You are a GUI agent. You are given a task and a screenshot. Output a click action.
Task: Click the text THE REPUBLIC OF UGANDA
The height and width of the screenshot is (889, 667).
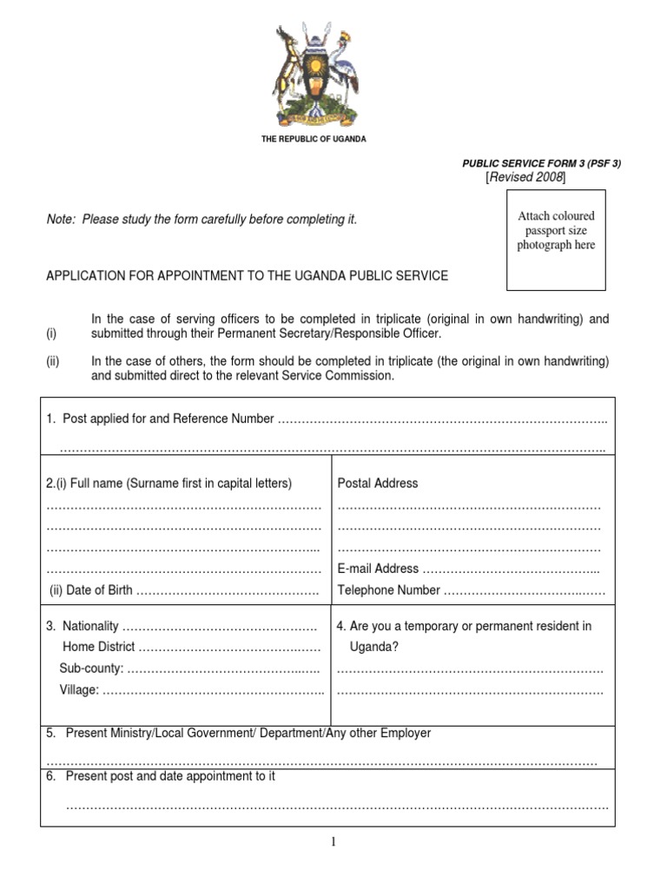(x=314, y=140)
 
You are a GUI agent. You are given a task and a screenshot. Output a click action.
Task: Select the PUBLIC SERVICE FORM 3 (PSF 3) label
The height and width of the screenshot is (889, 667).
(x=542, y=163)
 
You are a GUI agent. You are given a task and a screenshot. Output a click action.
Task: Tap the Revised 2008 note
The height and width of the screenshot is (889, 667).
(x=525, y=177)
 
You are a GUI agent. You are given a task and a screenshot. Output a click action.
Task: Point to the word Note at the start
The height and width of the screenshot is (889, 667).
(x=60, y=221)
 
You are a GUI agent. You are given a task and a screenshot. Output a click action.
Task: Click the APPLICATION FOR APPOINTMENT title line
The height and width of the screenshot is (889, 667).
(x=247, y=276)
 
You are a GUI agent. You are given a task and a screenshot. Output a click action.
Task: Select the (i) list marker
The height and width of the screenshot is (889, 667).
(x=51, y=334)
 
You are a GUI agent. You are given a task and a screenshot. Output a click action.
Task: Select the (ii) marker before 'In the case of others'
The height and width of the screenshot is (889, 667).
(x=52, y=361)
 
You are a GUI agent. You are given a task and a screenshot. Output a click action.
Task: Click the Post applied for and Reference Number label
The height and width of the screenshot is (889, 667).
(x=161, y=419)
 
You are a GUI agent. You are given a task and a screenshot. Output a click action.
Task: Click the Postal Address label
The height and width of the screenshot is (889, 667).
(x=377, y=484)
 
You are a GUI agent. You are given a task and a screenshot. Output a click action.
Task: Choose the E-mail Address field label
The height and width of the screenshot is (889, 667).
(x=378, y=569)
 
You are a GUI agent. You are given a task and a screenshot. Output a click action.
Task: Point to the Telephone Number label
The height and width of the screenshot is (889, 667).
(x=388, y=590)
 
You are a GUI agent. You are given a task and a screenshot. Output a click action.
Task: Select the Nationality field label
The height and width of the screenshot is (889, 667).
(x=83, y=626)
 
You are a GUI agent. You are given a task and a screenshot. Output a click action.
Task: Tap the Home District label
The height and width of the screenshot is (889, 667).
(x=98, y=647)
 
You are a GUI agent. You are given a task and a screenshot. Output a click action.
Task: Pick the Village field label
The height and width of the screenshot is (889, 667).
(x=79, y=690)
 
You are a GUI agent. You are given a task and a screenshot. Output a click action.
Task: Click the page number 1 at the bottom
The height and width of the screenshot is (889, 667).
(x=333, y=841)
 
